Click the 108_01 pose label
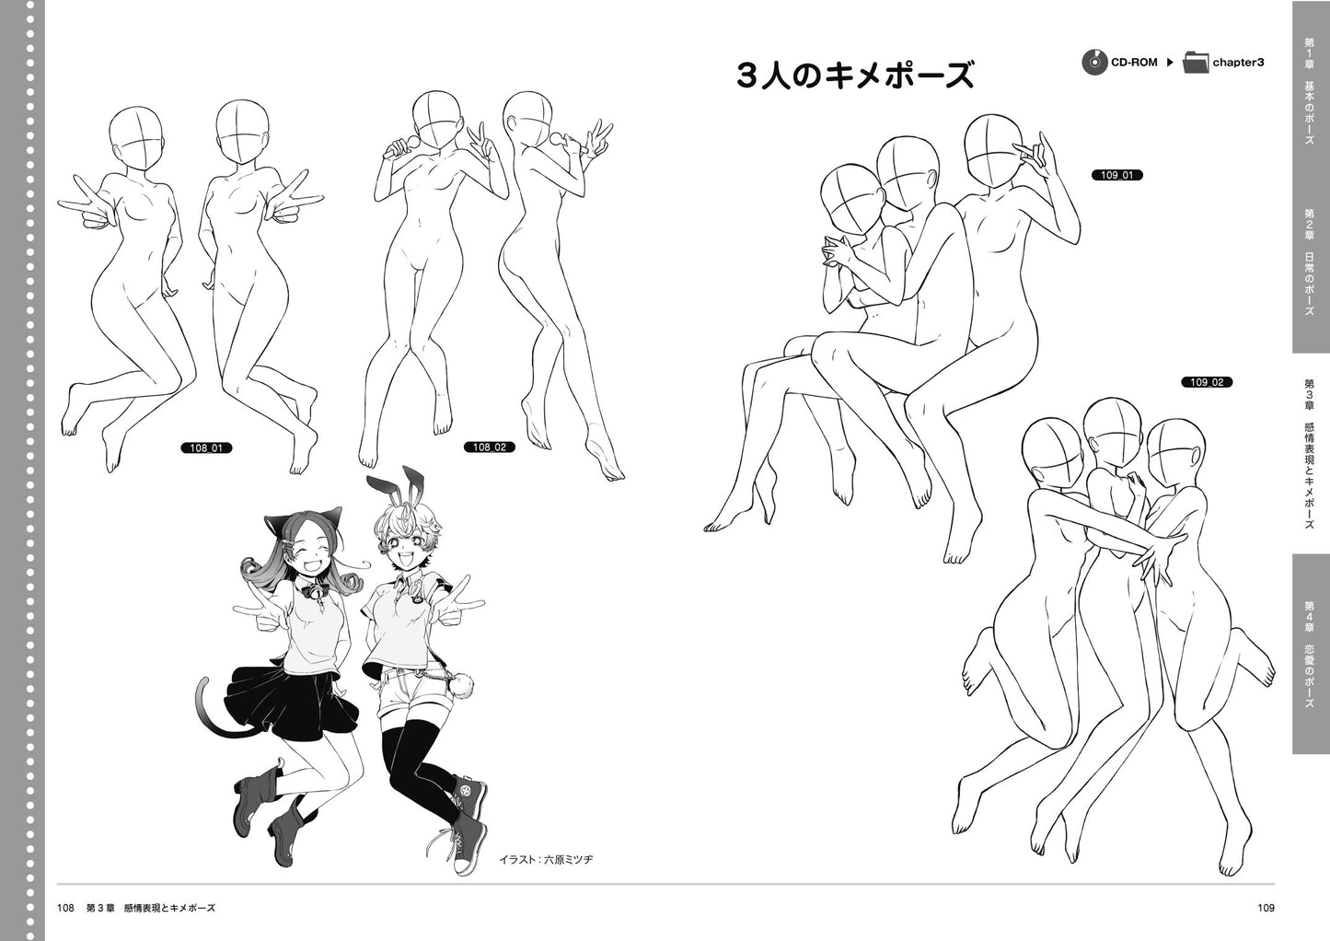[206, 447]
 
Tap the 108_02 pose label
[490, 447]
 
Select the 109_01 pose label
[1116, 175]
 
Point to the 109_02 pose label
[1207, 383]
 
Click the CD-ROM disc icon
[1094, 62]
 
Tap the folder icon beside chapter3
[1196, 62]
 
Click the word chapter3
[1238, 63]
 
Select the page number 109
[1266, 908]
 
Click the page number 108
[65, 908]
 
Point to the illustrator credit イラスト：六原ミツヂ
[546, 859]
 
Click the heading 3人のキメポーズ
[855, 76]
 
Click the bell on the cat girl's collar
[314, 591]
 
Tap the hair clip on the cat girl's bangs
[287, 542]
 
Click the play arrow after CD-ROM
[1170, 62]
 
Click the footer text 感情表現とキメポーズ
[169, 908]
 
